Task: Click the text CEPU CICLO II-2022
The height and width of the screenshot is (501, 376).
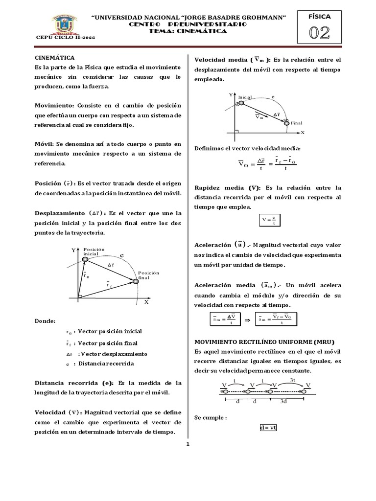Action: point(58,38)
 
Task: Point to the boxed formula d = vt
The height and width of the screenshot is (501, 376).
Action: point(268,427)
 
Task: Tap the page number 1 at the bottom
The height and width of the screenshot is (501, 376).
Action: point(188,444)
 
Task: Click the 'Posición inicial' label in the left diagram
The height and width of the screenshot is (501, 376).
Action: point(94,251)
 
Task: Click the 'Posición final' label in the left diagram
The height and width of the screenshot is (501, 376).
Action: point(149,275)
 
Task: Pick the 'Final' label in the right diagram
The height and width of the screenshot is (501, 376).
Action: point(297,123)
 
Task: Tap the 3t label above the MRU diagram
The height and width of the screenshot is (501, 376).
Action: point(293,379)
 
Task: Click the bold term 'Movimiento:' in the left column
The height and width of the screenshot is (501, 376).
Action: point(53,106)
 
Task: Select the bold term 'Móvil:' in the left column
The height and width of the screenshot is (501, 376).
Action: point(44,144)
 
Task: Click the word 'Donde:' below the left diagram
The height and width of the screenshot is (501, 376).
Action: point(45,321)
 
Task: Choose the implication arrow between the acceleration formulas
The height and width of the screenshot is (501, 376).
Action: point(247,319)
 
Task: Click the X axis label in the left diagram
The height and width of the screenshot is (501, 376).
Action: point(145,302)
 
